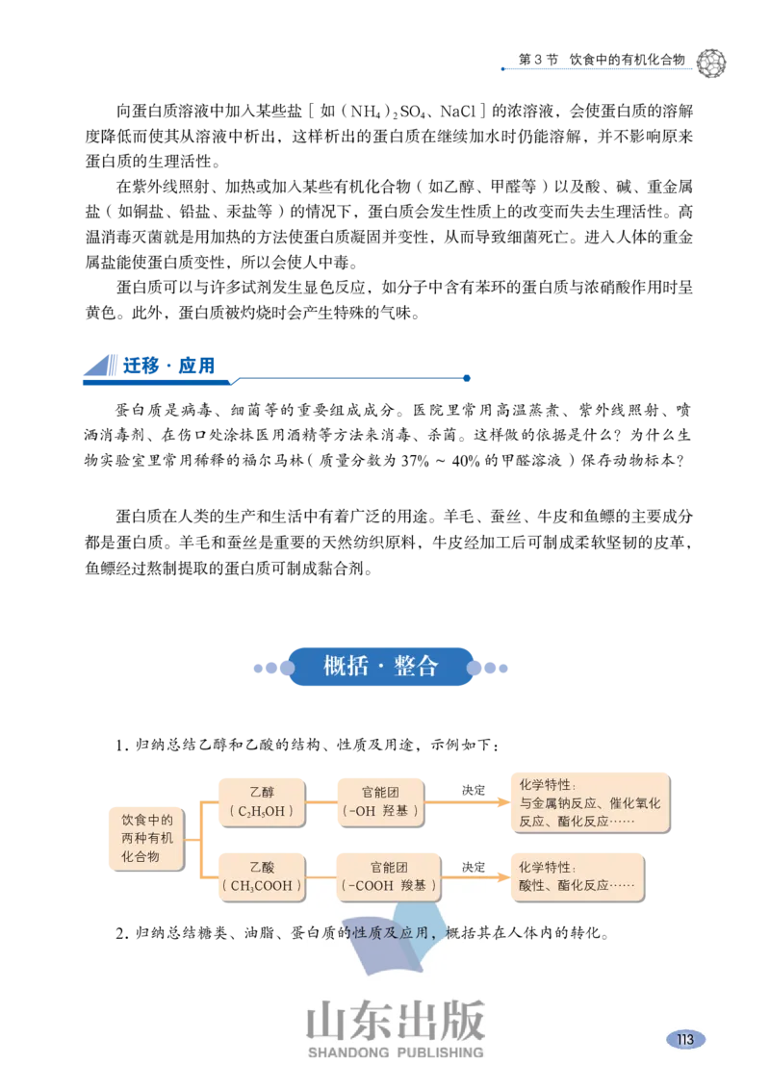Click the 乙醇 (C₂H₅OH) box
pyautogui.click(x=262, y=802)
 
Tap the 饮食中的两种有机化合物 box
pyautogui.click(x=146, y=838)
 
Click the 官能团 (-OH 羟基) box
pyautogui.click(x=380, y=802)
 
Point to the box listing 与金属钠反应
pyautogui.click(x=591, y=802)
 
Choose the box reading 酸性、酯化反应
pyautogui.click(x=577, y=876)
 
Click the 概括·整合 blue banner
pyautogui.click(x=381, y=666)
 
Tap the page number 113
pyautogui.click(x=685, y=1039)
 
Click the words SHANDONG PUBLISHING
pyautogui.click(x=396, y=1052)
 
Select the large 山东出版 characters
pyautogui.click(x=396, y=1021)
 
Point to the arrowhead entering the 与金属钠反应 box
pyautogui.click(x=501, y=802)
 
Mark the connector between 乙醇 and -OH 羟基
pyautogui.click(x=320, y=802)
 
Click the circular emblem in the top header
pyautogui.click(x=714, y=63)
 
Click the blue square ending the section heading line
pyautogui.click(x=468, y=377)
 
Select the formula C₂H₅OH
pyautogui.click(x=262, y=812)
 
